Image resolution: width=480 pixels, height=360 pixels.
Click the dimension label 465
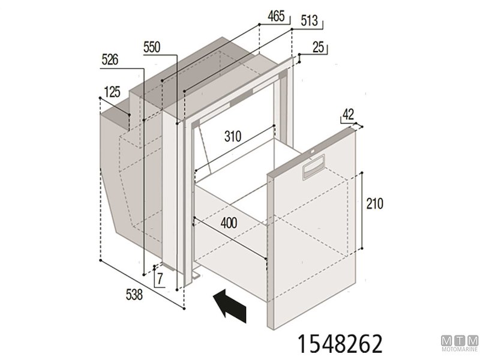pos(276,16)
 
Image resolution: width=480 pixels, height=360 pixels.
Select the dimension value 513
pos(309,22)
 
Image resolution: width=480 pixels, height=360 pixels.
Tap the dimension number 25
pos(318,47)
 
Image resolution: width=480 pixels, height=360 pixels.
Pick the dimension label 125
pos(112,92)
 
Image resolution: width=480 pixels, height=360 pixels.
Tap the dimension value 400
pos(228,223)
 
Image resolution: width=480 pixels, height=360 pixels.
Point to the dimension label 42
pos(349,114)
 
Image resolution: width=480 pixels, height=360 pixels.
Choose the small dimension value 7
pos(160,277)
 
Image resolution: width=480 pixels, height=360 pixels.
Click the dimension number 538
pos(134,294)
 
